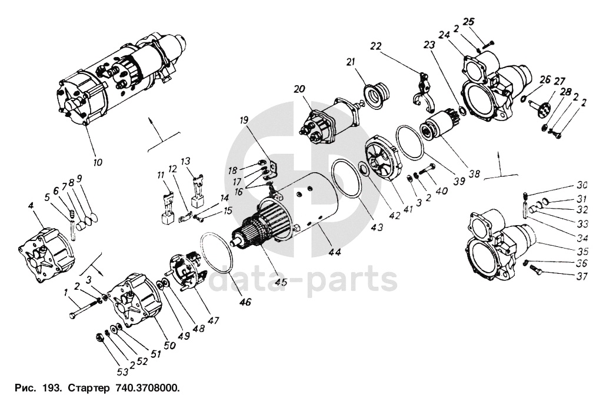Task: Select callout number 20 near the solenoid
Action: tap(299, 89)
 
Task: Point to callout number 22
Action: tap(376, 46)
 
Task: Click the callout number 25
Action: tap(468, 22)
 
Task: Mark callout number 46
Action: tap(245, 303)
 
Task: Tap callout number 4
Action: tap(31, 205)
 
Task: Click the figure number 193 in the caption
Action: tap(52, 389)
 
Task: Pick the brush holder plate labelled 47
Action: tap(187, 272)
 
